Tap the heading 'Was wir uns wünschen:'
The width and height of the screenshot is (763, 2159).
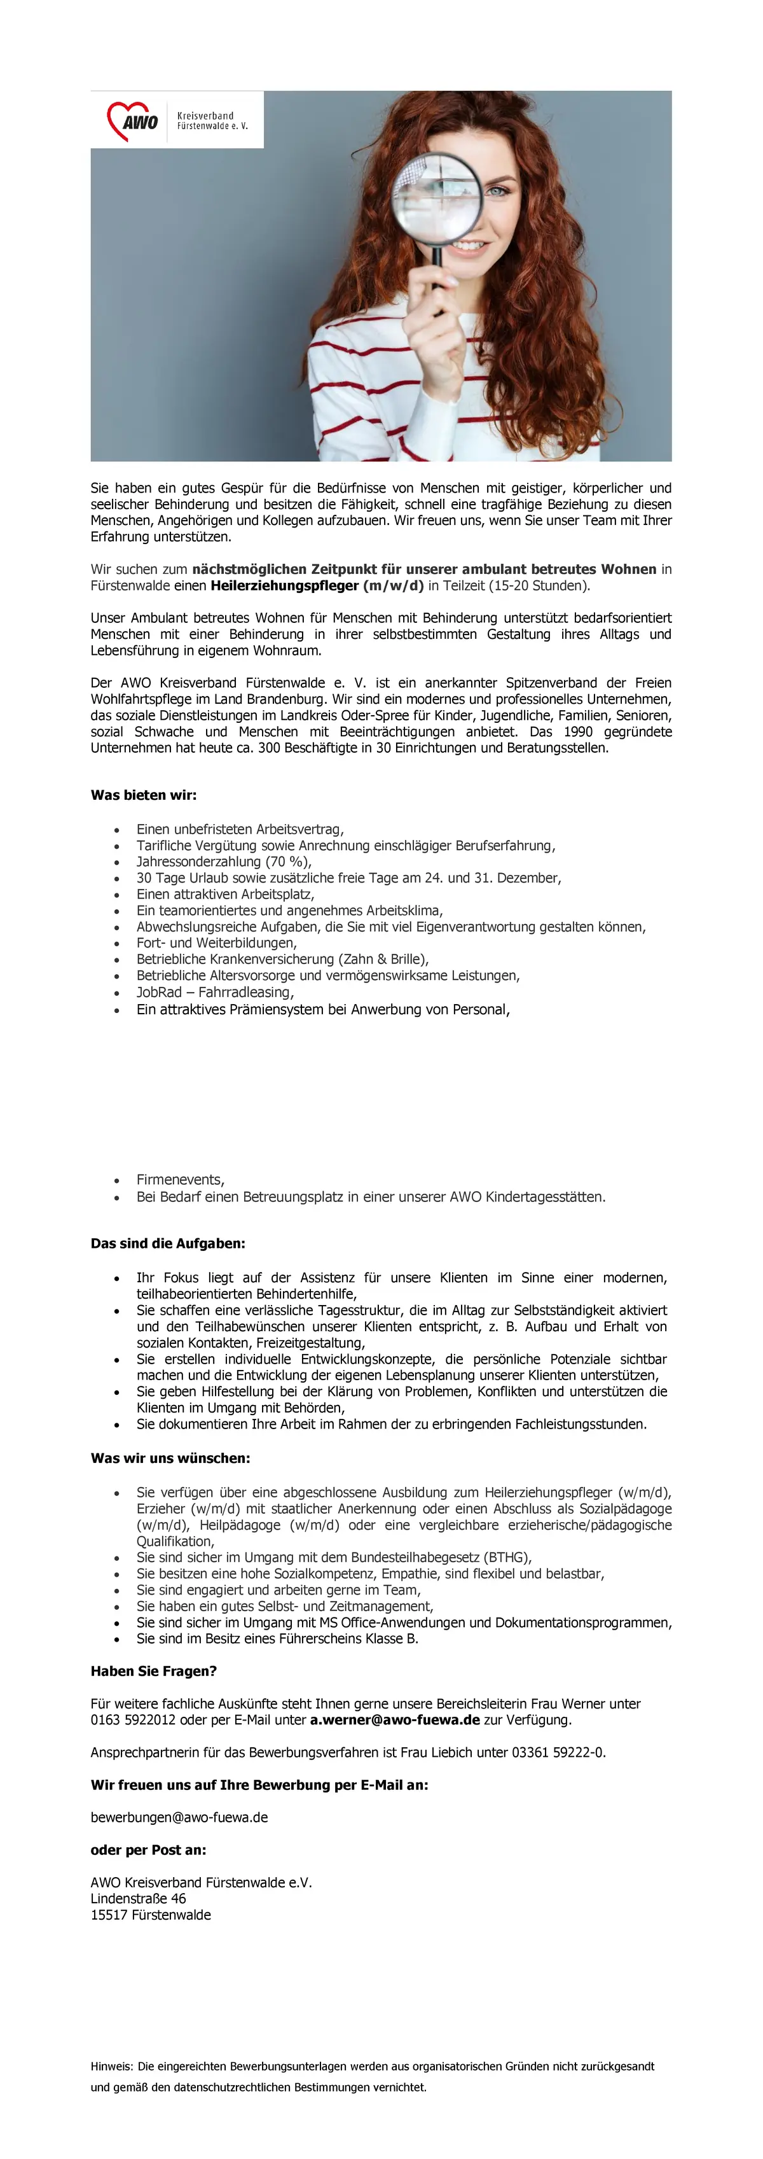(x=170, y=1458)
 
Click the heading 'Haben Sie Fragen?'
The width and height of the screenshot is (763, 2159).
(x=153, y=1670)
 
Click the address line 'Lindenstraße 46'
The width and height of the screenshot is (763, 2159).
(x=138, y=1897)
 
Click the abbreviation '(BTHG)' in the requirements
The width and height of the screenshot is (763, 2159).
(x=507, y=1556)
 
